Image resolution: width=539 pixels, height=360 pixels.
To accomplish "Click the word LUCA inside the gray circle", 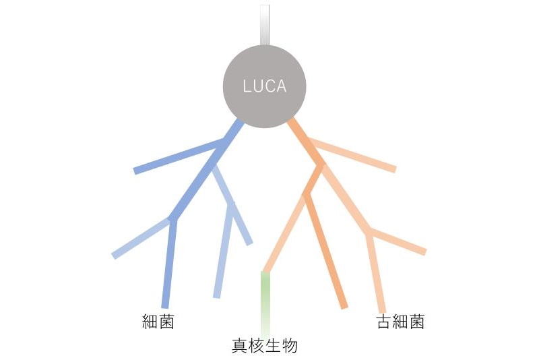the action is pos(264,86).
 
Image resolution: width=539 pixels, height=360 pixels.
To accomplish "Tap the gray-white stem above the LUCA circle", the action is pos(265,25).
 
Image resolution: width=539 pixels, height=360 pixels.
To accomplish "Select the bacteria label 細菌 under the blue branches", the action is pos(158,322).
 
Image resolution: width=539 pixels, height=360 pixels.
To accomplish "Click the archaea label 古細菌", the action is pos(400,322).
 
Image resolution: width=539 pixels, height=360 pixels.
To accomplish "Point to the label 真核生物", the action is pos(265,345).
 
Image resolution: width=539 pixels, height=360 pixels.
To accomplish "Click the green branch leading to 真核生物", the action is pos(265,305).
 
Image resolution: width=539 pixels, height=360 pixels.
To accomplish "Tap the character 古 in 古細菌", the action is pos(384,322).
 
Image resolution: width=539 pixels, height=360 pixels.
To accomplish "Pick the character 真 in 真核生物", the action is pos(240,345).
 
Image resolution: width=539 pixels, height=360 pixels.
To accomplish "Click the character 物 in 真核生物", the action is pos(290,345).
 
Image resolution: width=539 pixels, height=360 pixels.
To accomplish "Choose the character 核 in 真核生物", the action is pos(257,345).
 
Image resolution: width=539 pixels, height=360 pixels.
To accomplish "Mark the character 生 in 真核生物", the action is pos(273,345).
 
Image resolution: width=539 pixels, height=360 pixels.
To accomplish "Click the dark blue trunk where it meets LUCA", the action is pos(241,122).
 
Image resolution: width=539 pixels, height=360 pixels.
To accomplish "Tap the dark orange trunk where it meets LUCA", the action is pos(290,121).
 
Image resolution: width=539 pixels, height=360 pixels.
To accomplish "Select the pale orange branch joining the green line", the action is pos(284,234).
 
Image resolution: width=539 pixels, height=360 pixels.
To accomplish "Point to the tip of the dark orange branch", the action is pos(344,307).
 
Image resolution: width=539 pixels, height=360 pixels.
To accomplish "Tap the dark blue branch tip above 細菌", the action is pos(165,306).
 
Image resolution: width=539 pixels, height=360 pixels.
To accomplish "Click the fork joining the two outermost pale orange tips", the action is pos(369,231).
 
